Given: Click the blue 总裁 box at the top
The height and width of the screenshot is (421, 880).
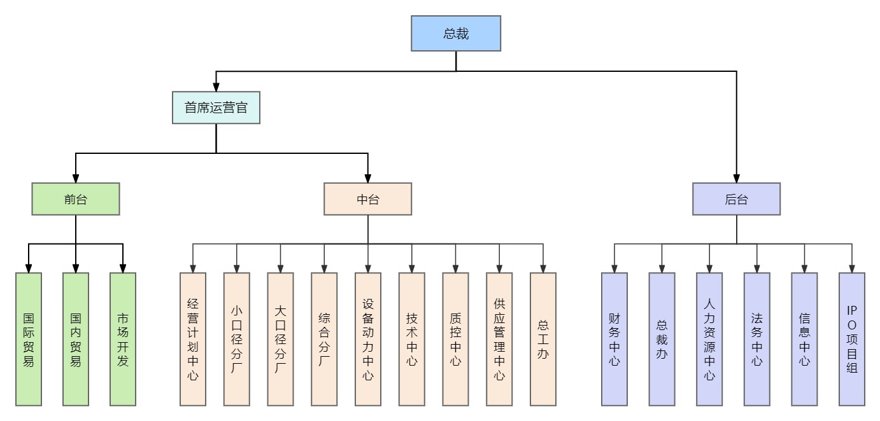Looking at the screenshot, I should click(x=456, y=33).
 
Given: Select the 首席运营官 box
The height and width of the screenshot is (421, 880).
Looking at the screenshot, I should click(x=216, y=107).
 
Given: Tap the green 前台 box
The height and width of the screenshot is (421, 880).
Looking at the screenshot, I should click(x=76, y=199).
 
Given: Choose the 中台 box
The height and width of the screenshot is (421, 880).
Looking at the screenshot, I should click(x=367, y=199).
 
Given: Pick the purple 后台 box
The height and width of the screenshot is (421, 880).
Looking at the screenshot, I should click(x=736, y=199).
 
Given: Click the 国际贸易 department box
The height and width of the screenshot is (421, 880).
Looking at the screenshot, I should click(x=29, y=339).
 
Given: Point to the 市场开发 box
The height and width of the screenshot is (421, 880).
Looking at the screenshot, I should click(x=123, y=339).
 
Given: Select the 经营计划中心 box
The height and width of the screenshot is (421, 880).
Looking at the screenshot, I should click(x=193, y=339).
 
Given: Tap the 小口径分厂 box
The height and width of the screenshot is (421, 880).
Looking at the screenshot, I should click(x=237, y=339).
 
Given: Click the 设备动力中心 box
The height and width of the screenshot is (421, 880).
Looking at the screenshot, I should click(x=368, y=339).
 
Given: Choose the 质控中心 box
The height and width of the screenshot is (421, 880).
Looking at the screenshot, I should click(x=455, y=339).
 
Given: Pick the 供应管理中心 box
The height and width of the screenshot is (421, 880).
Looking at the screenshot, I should click(x=499, y=339).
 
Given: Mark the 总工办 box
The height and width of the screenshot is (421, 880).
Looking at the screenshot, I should click(x=543, y=339).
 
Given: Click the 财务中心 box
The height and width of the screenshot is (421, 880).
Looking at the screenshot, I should click(x=614, y=339).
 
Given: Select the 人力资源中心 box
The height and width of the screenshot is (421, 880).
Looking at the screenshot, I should click(x=709, y=339).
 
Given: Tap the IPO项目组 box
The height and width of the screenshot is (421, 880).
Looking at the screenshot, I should click(x=852, y=339).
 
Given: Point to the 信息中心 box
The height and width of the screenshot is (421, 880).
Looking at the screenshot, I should click(x=804, y=339).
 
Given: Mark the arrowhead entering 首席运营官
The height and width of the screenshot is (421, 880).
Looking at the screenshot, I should click(x=216, y=87).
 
